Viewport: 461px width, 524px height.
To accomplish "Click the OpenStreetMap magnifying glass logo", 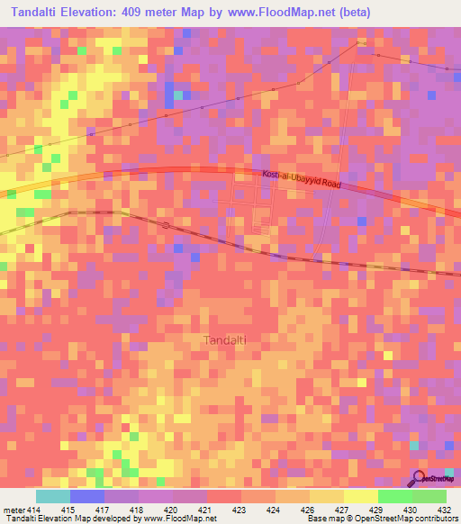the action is [420, 477].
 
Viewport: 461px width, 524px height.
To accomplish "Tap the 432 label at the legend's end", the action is [445, 510].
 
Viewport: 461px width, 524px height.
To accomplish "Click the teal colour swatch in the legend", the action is [52, 496].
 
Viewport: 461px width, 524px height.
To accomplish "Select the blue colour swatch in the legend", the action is [86, 496].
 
